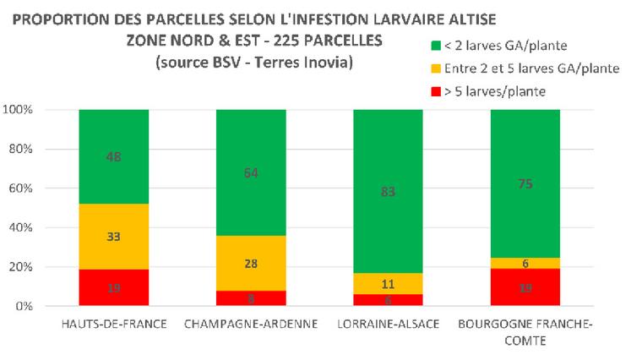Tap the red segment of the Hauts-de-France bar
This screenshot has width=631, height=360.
coord(113,287)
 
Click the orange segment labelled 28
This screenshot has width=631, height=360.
coord(251,265)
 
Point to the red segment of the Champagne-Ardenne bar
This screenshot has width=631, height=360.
coord(251,298)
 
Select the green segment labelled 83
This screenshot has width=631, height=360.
coord(389,192)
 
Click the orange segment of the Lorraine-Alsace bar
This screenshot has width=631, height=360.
coord(389,283)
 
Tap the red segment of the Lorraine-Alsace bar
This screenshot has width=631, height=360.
coord(389,300)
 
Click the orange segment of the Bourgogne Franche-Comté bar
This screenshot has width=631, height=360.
coord(525,264)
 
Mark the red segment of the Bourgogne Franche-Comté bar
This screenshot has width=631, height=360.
coord(525,287)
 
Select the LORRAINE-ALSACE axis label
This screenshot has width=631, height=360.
coord(389,325)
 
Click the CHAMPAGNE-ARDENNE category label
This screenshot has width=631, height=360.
coord(251,325)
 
